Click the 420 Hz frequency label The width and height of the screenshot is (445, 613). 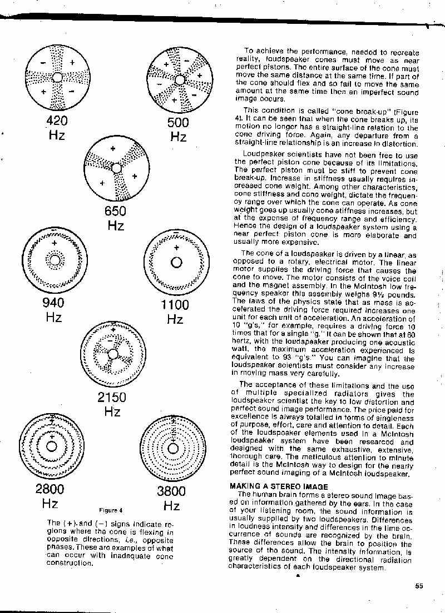57,128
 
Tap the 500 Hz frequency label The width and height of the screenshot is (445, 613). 178,129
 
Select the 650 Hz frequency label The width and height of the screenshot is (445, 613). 116,218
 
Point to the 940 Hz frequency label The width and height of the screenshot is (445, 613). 53,310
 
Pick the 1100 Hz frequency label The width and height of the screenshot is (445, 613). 175,311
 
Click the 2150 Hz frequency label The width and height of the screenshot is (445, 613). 112,404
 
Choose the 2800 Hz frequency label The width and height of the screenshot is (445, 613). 50,496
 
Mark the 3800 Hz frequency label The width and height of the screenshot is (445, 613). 171,498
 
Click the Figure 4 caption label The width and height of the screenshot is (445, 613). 111,510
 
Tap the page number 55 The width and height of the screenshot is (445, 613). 419,585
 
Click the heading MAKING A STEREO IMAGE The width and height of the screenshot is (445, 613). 279,486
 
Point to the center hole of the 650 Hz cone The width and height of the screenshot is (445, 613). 116,168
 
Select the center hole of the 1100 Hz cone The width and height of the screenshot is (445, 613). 176,262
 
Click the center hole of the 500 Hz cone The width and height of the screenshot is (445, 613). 179,79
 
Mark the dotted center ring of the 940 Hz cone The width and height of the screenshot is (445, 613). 54,259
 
